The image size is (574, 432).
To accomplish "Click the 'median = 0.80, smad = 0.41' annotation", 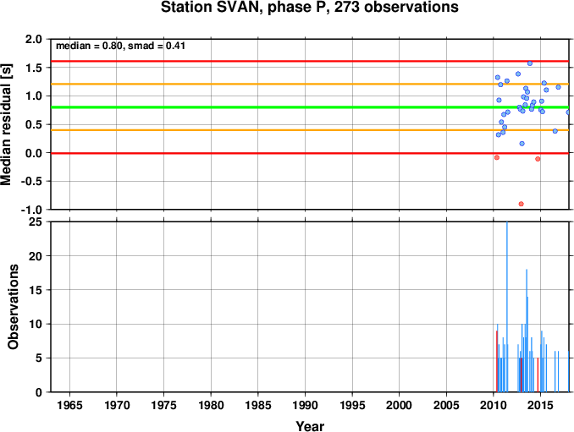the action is [x=120, y=46].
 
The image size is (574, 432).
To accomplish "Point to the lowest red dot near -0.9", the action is [x=521, y=204].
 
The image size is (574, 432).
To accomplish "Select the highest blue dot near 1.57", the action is [x=530, y=63].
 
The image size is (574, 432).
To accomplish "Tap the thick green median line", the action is [x=310, y=107].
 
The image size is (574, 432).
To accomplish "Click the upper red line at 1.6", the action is [x=310, y=61].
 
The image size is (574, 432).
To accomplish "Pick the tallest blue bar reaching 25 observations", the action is [x=507, y=307].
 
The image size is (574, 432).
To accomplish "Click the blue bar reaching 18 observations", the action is [x=527, y=331].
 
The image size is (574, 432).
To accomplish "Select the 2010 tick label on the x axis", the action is [x=493, y=405].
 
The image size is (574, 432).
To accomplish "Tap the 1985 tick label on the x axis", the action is [x=258, y=405].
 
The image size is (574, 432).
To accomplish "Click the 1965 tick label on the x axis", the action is [x=69, y=405].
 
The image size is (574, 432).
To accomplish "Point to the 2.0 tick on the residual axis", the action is [x=33, y=39].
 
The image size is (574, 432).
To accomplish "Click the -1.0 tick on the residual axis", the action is [x=31, y=210].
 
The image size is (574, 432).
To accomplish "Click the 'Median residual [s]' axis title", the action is [x=6, y=124].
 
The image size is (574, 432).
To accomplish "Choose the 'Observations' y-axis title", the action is [x=13, y=307].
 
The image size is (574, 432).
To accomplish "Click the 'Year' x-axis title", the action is [x=310, y=426].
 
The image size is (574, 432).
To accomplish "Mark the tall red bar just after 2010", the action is [x=497, y=362].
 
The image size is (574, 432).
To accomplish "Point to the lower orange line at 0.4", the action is [x=310, y=130].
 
